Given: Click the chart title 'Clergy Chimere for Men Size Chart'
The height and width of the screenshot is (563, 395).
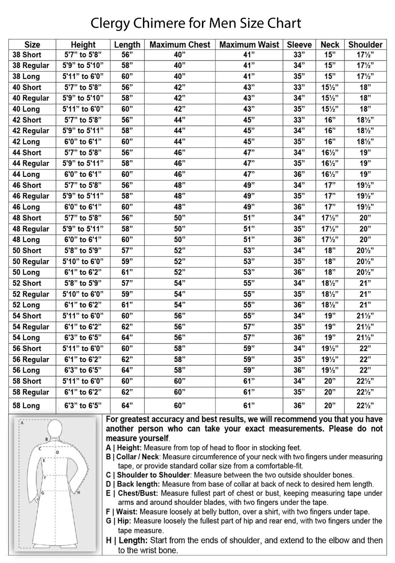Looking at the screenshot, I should (195, 23).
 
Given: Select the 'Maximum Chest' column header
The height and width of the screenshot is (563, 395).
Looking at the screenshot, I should (180, 45).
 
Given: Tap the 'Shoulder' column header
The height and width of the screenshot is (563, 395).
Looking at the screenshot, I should (365, 45).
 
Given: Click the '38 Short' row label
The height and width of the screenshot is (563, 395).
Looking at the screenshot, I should (27, 54).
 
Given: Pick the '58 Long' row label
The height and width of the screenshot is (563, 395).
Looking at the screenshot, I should (26, 405).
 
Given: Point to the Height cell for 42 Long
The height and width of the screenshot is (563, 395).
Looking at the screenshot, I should (83, 142).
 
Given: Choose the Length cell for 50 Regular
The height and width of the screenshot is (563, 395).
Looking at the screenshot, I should (127, 261).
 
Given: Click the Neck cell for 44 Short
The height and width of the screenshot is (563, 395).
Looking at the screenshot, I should (330, 152).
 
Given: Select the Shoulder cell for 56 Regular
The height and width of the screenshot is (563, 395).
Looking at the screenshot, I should (365, 359).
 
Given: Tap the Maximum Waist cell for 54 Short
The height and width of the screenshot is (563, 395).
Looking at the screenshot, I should (249, 316).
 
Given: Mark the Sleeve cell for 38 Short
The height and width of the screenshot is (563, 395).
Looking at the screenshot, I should (299, 54).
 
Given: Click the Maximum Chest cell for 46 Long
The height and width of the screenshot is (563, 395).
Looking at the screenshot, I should (180, 207).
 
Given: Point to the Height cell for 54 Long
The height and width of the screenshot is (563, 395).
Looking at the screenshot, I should (83, 337).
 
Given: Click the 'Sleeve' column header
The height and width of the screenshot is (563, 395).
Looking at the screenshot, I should (299, 45).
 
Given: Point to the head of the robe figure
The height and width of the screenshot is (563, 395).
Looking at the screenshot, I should (57, 427).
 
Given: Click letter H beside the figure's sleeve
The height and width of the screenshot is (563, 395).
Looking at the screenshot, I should (79, 492).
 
